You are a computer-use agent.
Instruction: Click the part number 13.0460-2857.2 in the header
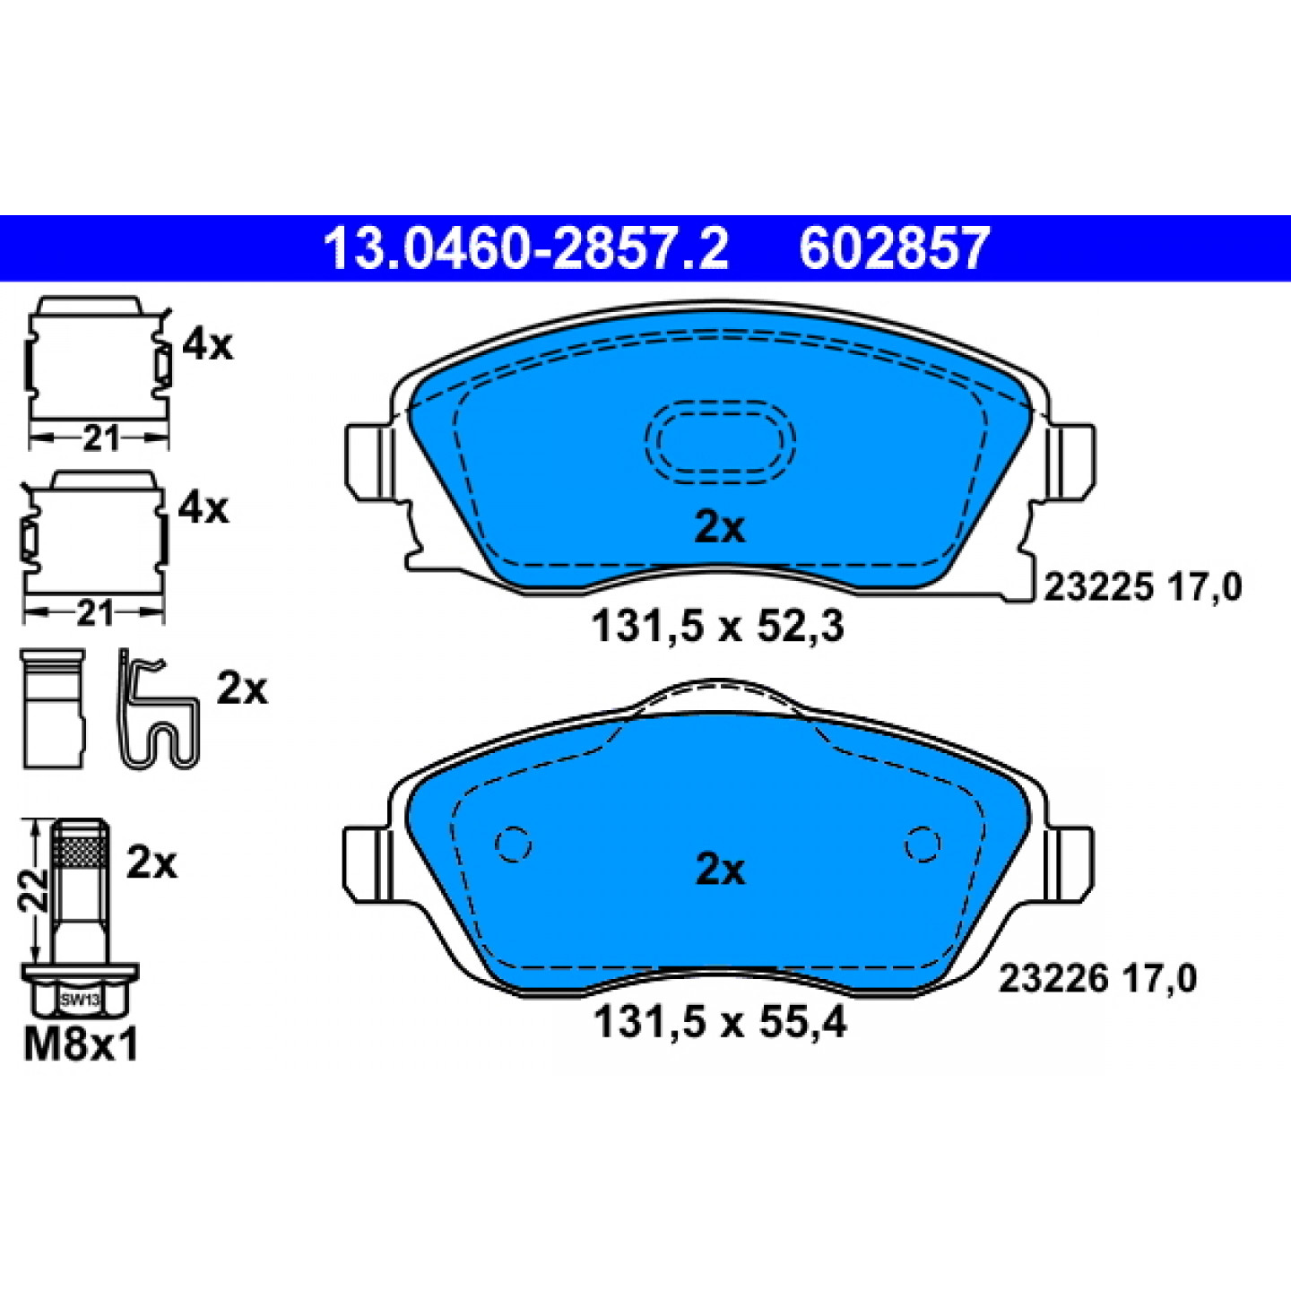(x=525, y=248)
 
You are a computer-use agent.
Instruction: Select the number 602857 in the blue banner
(x=894, y=248)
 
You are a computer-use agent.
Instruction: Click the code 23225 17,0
(x=1143, y=588)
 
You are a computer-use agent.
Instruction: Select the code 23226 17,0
(x=1097, y=980)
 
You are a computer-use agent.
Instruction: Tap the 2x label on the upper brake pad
(x=720, y=529)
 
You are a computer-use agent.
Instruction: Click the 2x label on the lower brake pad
(x=721, y=871)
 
